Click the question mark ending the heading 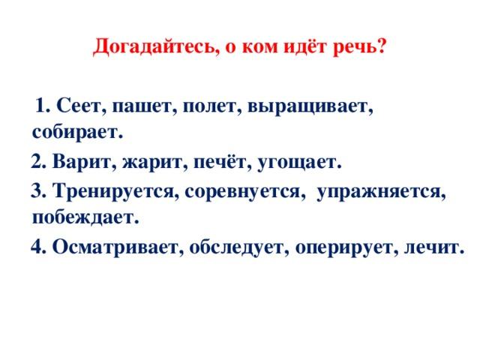pos(381,46)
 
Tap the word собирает pos(77,132)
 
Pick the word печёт pos(220,162)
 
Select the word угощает pos(299,163)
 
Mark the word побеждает pos(85,217)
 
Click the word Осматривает pos(118,247)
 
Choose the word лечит pos(434,247)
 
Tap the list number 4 pos(38,246)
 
